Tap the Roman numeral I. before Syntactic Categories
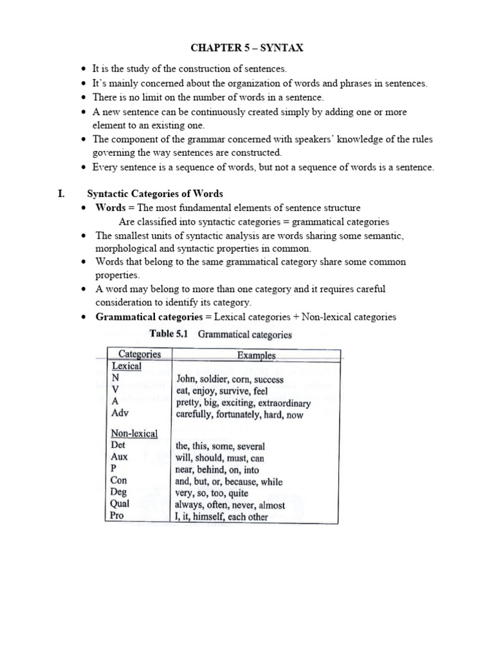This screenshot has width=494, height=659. [x=61, y=194]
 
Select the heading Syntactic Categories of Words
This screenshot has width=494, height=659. [x=155, y=194]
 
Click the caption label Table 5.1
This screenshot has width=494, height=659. [x=171, y=334]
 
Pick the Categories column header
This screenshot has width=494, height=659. [x=140, y=355]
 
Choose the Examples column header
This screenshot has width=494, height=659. [x=256, y=355]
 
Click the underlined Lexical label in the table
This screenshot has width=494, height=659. [x=127, y=366]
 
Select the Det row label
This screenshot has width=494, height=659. [x=118, y=445]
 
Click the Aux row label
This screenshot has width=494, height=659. [x=120, y=457]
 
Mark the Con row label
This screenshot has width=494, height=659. [x=119, y=481]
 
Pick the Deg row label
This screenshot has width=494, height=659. [x=119, y=492]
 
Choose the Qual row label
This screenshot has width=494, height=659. [x=120, y=505]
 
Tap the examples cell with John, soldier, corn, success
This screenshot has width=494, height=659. [x=230, y=379]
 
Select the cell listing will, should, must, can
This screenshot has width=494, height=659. [x=219, y=458]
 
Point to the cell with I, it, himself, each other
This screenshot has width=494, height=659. [x=222, y=517]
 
